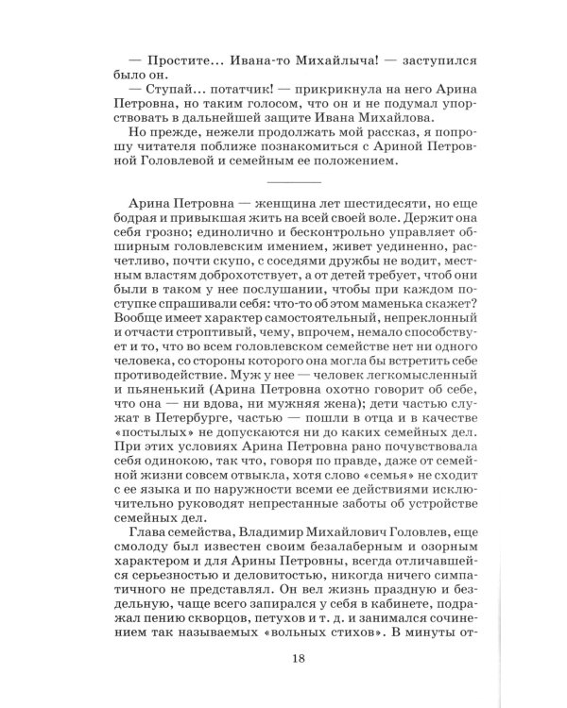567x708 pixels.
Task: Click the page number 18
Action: click(x=283, y=683)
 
